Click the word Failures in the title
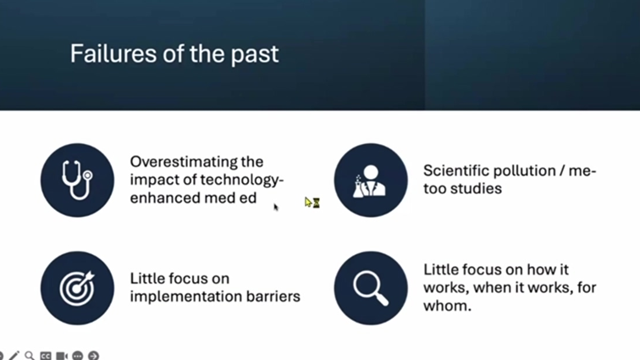pyautogui.click(x=113, y=53)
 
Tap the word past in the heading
pyautogui.click(x=255, y=56)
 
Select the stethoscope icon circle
pyautogui.click(x=77, y=180)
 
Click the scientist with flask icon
pyautogui.click(x=371, y=180)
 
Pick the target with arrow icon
pyautogui.click(x=77, y=288)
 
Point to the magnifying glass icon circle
pyautogui.click(x=371, y=288)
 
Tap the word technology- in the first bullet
pyautogui.click(x=241, y=180)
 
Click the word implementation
pyautogui.click(x=186, y=297)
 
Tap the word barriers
pyautogui.click(x=273, y=296)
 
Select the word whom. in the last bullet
pyautogui.click(x=447, y=306)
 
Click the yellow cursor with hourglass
pyautogui.click(x=312, y=202)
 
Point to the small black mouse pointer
pyautogui.click(x=276, y=208)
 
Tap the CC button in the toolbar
pyautogui.click(x=46, y=356)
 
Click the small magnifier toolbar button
pyautogui.click(x=30, y=356)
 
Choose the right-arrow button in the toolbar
pyautogui.click(x=93, y=356)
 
